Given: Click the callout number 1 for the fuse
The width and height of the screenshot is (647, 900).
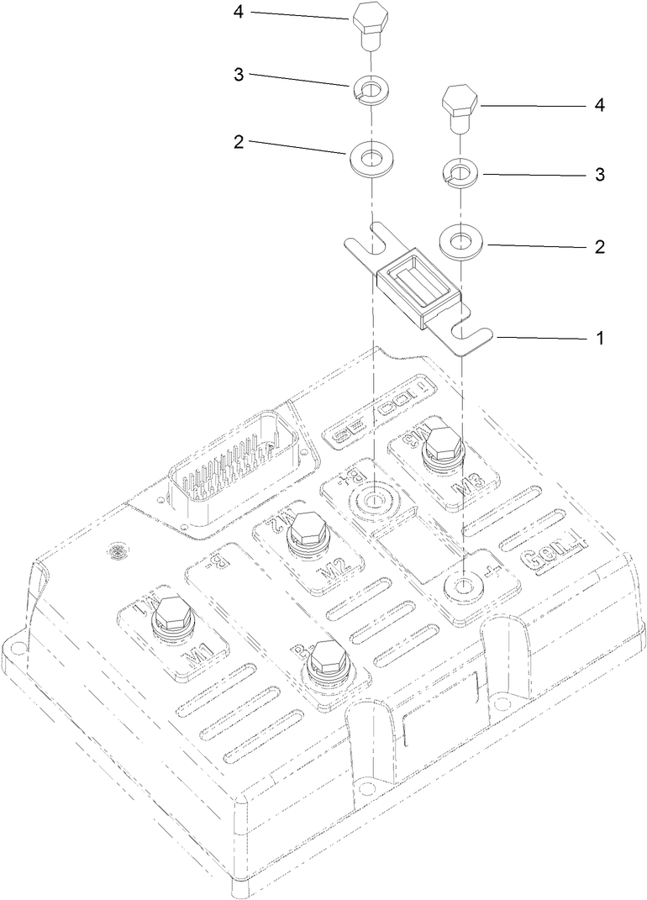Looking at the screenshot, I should coord(600,339).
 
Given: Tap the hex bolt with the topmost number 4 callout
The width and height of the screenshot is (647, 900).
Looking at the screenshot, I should coord(369,23).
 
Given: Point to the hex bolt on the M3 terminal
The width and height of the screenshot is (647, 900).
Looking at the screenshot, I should coord(443,445).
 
